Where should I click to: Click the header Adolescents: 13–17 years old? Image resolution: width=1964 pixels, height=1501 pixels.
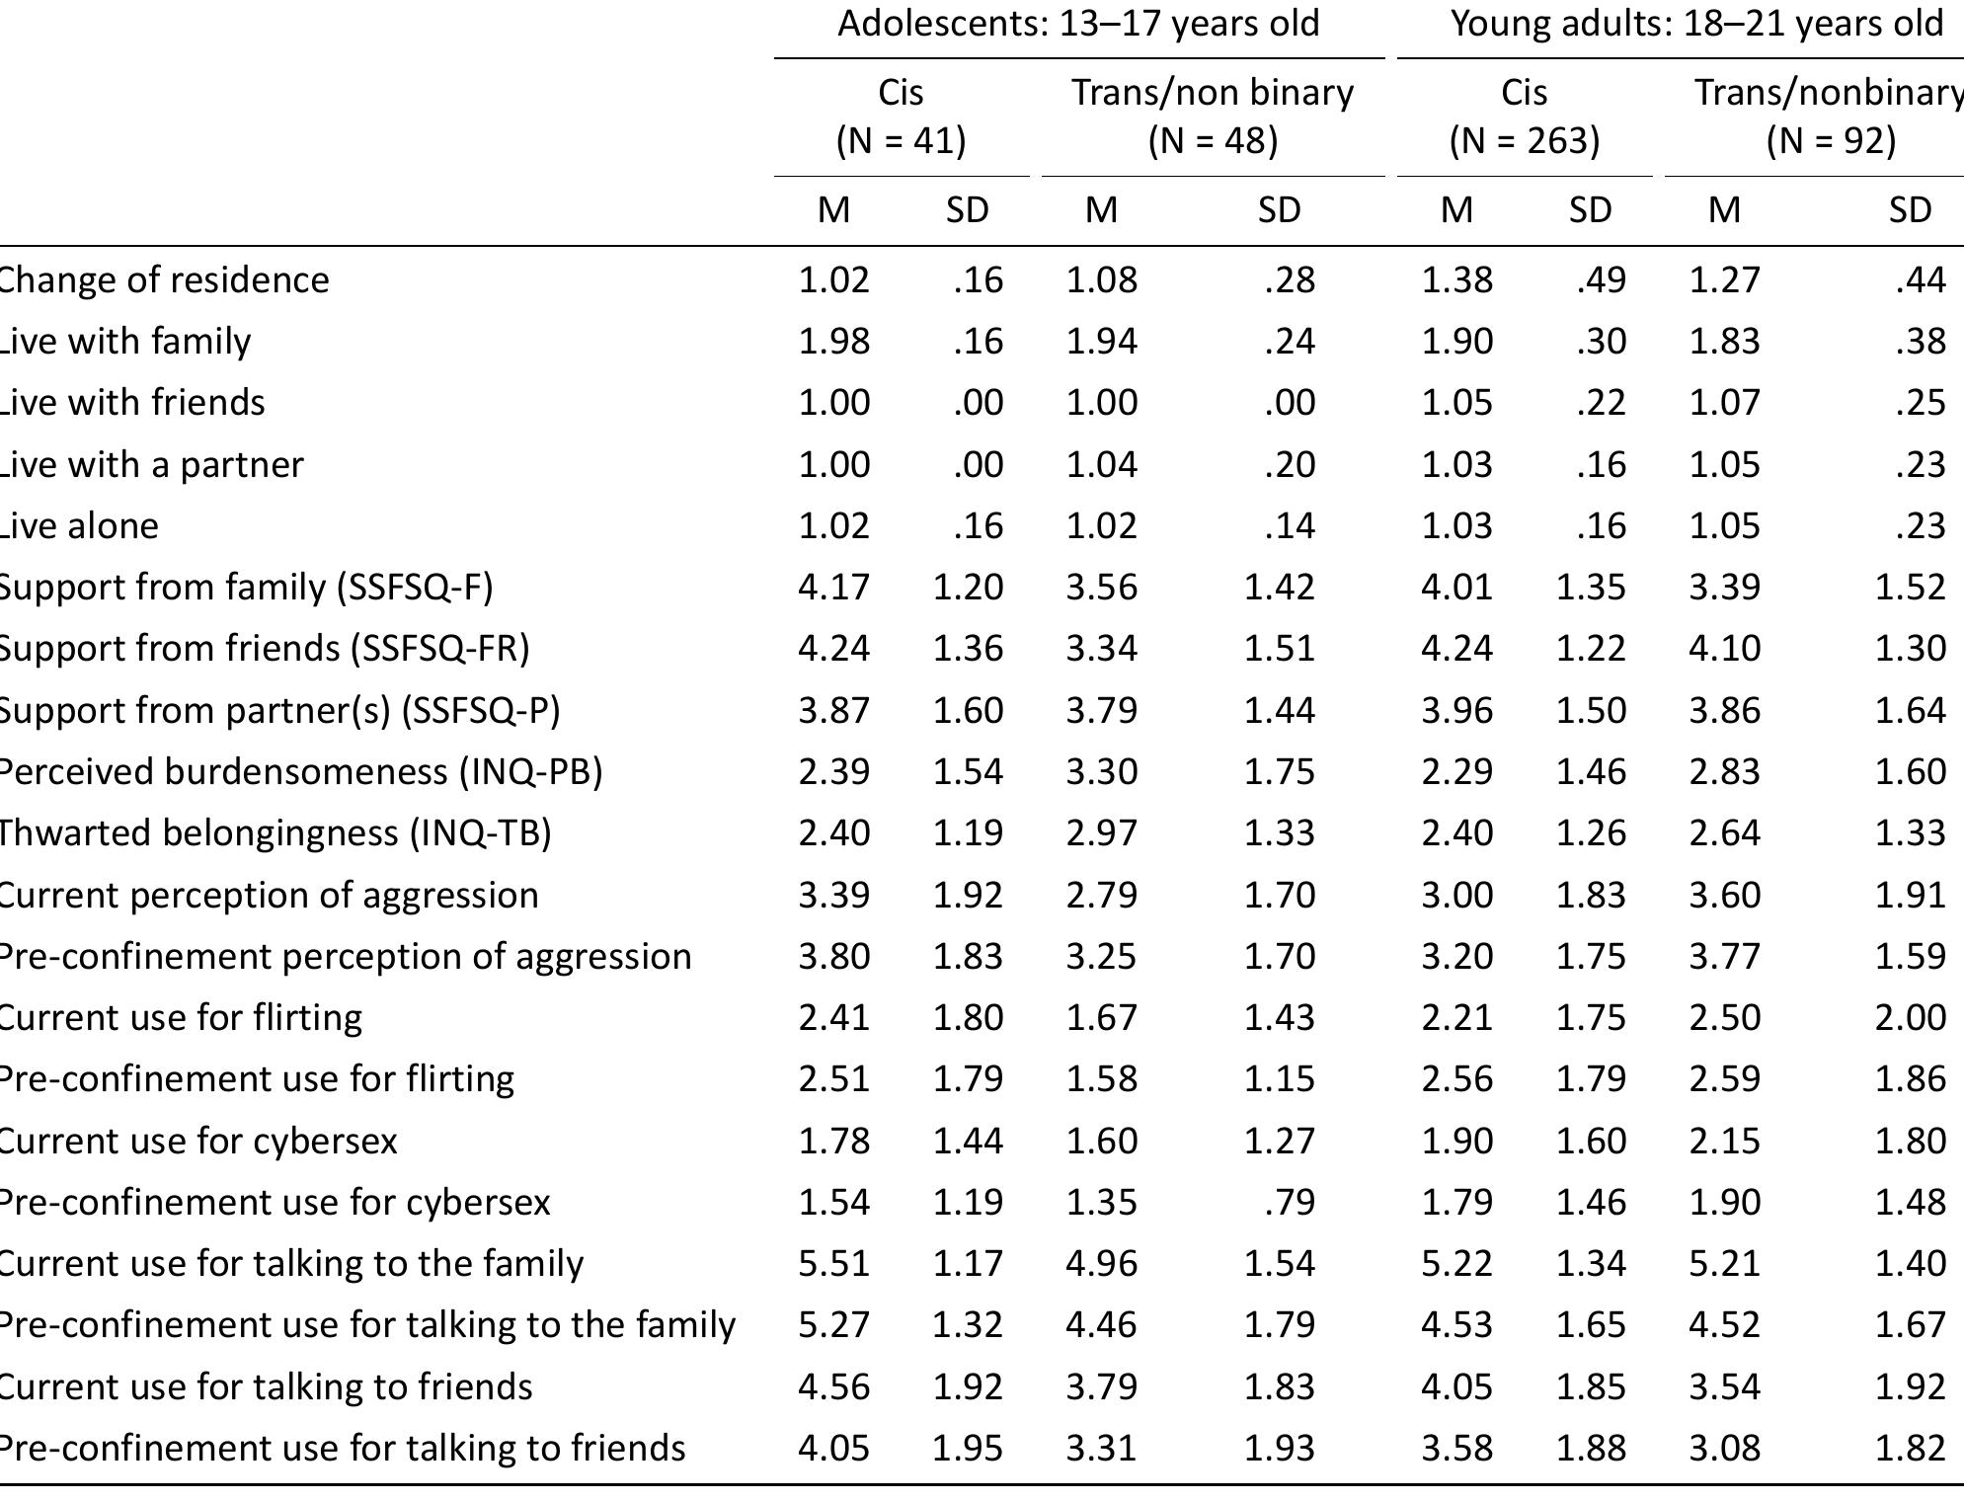point(1078,23)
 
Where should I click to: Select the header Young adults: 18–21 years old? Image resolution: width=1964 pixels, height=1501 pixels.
point(1695,23)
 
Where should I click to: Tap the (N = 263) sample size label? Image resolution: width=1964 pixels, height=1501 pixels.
point(1524,140)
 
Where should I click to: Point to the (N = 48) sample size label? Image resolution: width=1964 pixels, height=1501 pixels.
point(1213,140)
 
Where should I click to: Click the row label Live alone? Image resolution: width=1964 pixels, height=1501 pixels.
point(79,525)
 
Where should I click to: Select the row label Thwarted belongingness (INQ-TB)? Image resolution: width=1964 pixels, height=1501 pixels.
point(274,832)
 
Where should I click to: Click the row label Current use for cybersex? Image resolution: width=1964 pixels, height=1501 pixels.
point(197,1141)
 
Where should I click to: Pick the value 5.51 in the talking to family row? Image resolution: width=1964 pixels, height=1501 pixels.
point(833,1263)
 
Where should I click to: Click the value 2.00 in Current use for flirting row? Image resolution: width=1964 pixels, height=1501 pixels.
point(1910,1017)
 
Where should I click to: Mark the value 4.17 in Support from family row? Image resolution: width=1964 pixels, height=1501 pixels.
point(833,587)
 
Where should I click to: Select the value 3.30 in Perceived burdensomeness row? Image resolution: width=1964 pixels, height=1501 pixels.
point(1101,771)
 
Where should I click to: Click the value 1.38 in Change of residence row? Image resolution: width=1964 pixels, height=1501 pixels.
point(1456,279)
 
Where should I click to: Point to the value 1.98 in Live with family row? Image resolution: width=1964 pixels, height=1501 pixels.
point(833,341)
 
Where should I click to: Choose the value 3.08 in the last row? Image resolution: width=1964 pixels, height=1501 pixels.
point(1724,1448)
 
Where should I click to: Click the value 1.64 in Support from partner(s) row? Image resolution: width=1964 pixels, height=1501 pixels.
point(1910,710)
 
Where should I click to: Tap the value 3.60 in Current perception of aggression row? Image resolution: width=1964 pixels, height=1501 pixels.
point(1724,895)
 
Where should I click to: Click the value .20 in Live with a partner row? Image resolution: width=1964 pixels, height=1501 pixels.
point(1290,464)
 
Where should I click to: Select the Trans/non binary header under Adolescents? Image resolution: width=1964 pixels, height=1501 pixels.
point(1213,92)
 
